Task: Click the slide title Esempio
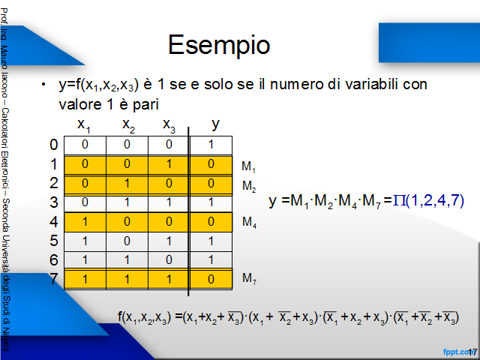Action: (x=219, y=45)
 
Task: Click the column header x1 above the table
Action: (x=84, y=125)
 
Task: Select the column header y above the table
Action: (x=215, y=124)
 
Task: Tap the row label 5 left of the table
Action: (x=54, y=241)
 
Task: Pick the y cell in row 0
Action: (x=211, y=145)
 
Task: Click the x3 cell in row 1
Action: (x=169, y=165)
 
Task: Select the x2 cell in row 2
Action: (x=127, y=184)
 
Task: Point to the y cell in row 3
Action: (x=211, y=203)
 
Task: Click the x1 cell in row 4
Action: (x=85, y=222)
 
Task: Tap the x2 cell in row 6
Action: (x=127, y=260)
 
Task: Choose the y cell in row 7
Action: (x=211, y=279)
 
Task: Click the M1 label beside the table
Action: (x=248, y=166)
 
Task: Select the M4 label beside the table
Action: (x=249, y=222)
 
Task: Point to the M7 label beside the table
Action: (x=249, y=278)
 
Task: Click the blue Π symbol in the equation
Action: (x=399, y=201)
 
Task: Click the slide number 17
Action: (x=472, y=352)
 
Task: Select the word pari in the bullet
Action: (x=145, y=105)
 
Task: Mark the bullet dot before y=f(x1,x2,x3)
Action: (x=43, y=85)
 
